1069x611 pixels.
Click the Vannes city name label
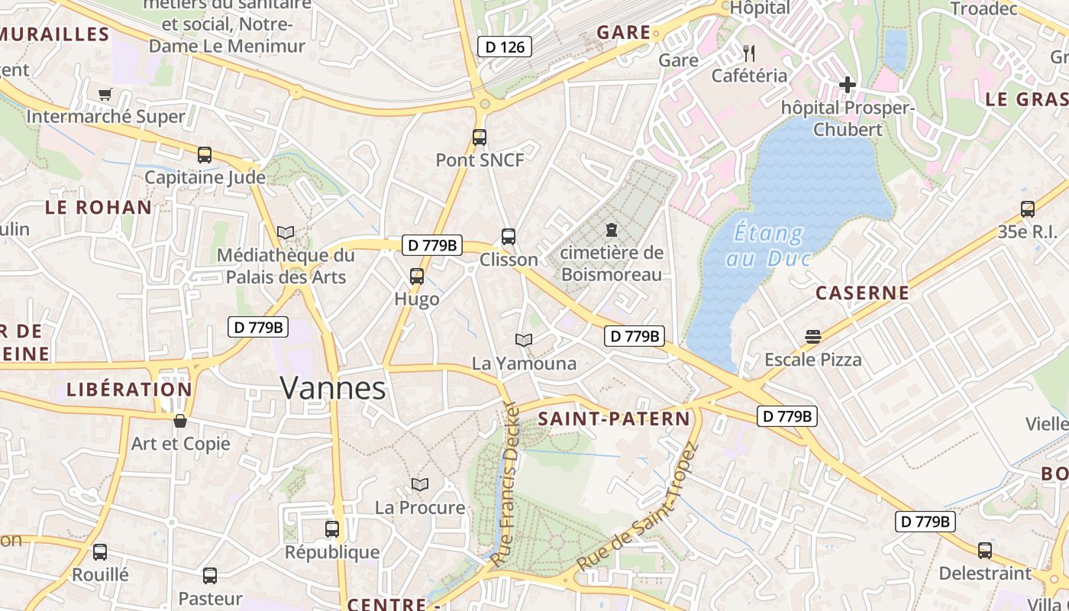333,388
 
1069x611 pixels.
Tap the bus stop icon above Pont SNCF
479,137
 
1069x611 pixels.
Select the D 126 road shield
505,47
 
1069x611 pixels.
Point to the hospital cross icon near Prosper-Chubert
848,85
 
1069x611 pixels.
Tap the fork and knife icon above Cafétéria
749,53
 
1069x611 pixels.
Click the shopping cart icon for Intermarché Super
105,94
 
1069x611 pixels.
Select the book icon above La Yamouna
523,340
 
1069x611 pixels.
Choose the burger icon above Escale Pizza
812,336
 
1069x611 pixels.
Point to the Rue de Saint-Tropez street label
638,507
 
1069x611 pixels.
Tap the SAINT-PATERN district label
614,419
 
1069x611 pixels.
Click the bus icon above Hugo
416,276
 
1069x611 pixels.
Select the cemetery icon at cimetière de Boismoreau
611,229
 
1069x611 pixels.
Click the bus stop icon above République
332,529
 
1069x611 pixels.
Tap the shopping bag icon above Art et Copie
180,421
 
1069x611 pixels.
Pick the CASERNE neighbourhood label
862,293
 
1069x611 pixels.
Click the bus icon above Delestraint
985,550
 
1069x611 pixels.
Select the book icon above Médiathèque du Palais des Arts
286,232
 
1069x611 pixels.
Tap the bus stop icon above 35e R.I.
1028,209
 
